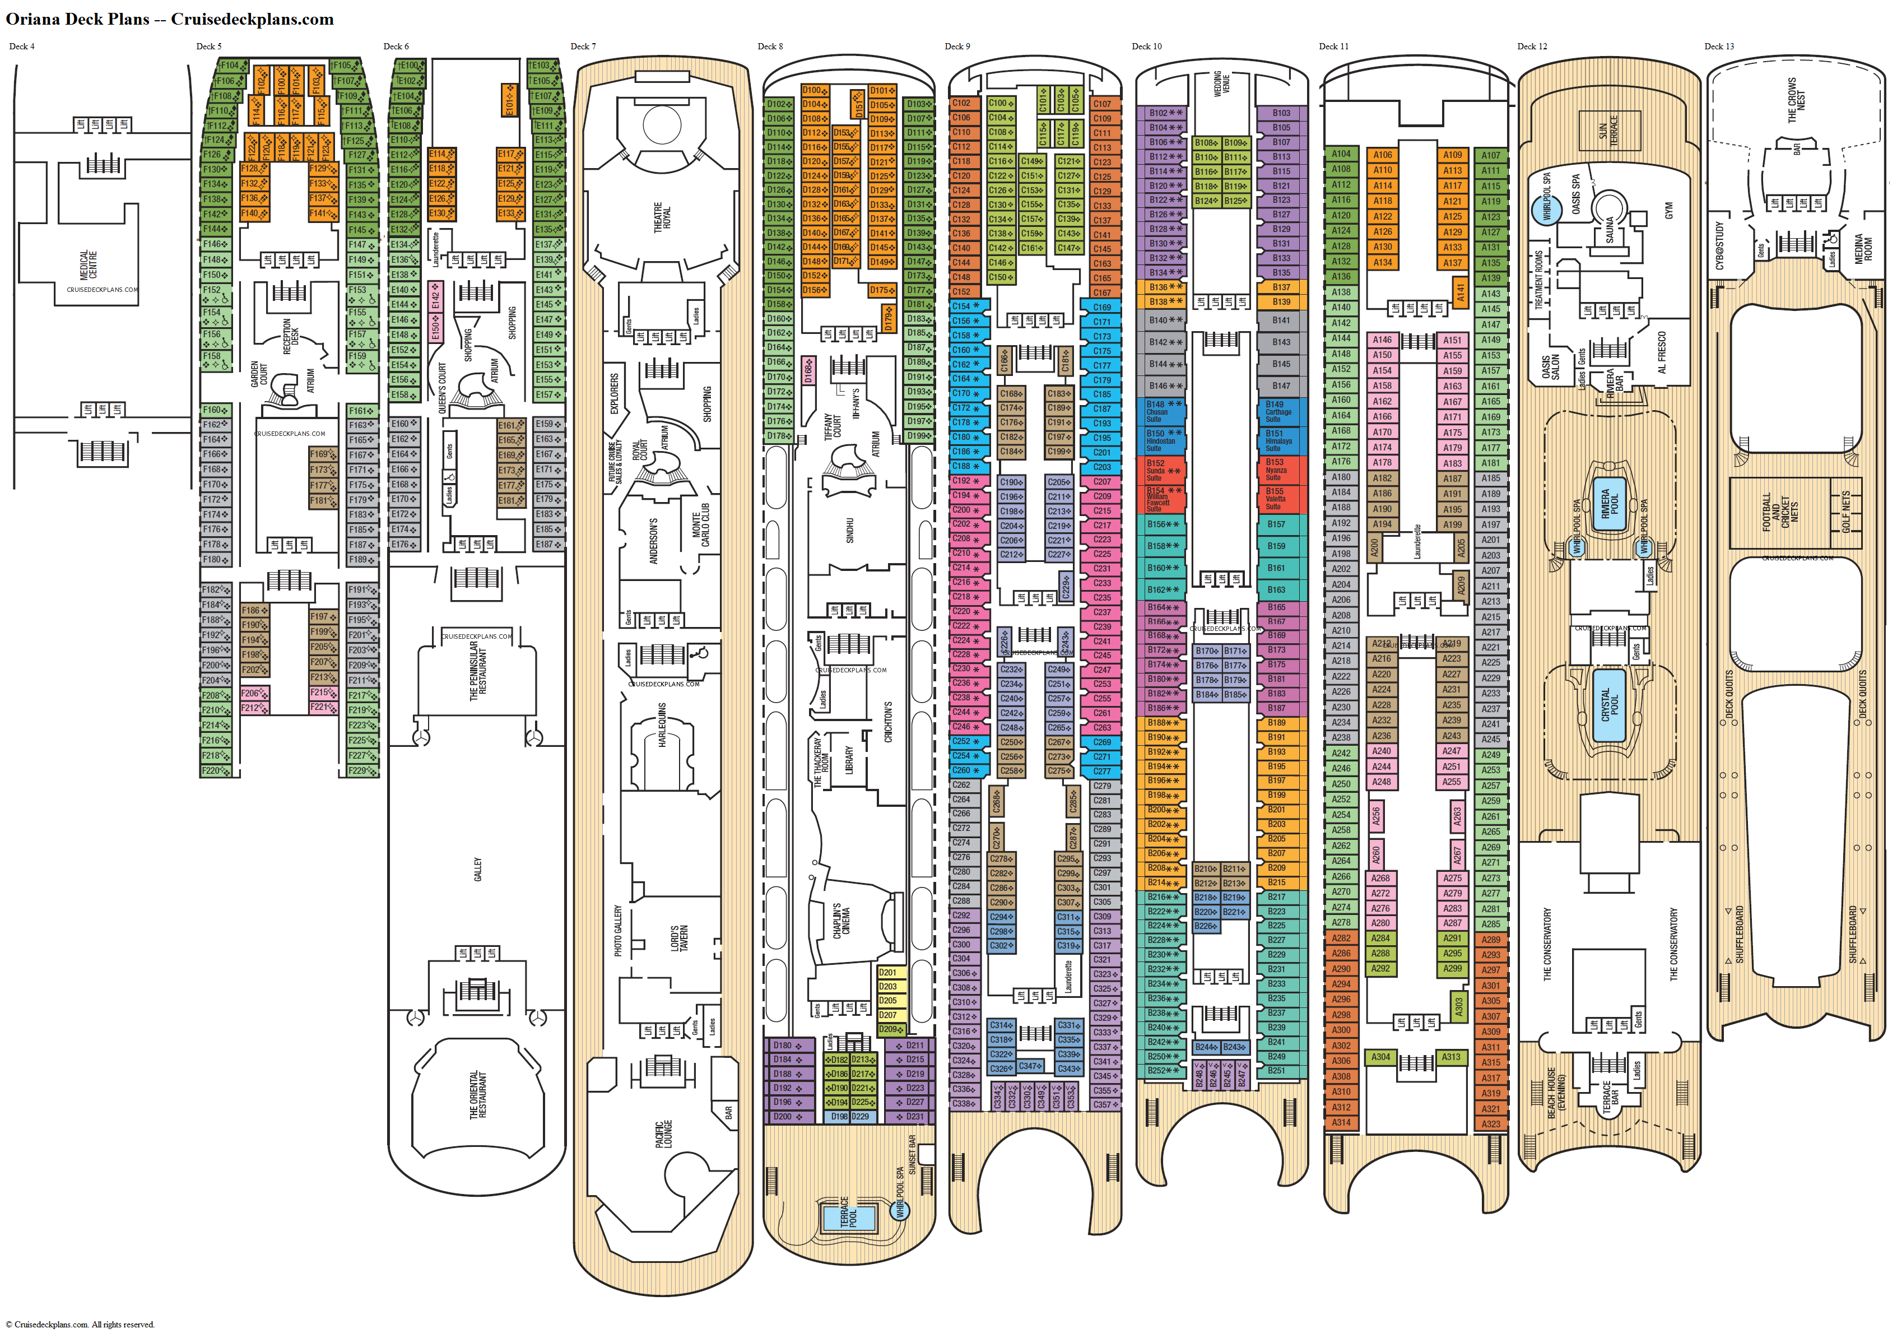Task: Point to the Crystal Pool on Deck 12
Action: (x=1610, y=703)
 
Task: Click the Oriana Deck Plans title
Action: (x=169, y=19)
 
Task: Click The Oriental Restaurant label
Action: (x=477, y=1095)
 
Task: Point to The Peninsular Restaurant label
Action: (x=477, y=671)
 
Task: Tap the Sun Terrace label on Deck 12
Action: (x=1608, y=131)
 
